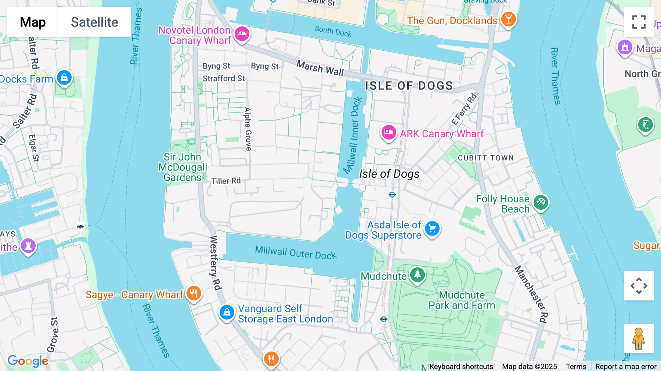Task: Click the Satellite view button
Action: pyautogui.click(x=94, y=22)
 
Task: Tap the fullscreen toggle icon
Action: pyautogui.click(x=639, y=22)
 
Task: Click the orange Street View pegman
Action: pyautogui.click(x=639, y=338)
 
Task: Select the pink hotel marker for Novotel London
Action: pyautogui.click(x=242, y=34)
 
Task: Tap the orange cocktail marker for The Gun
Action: pyautogui.click(x=508, y=19)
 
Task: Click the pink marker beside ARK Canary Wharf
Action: pyautogui.click(x=389, y=132)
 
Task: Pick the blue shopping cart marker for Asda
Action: pyautogui.click(x=432, y=228)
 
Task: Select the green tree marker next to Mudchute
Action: pyautogui.click(x=417, y=274)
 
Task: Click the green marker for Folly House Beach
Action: pyautogui.click(x=541, y=202)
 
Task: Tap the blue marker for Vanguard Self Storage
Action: pyautogui.click(x=227, y=313)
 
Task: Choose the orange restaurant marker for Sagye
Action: pyautogui.click(x=194, y=293)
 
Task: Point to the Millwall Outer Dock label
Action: pyautogui.click(x=296, y=253)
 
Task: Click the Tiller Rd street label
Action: pyautogui.click(x=226, y=181)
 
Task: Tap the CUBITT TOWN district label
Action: pyautogui.click(x=485, y=158)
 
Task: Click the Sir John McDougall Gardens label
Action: pyautogui.click(x=183, y=167)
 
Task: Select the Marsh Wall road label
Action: pyautogui.click(x=320, y=68)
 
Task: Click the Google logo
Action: pyautogui.click(x=28, y=361)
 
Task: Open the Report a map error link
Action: pyautogui.click(x=625, y=366)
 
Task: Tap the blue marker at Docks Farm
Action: pyautogui.click(x=64, y=78)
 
